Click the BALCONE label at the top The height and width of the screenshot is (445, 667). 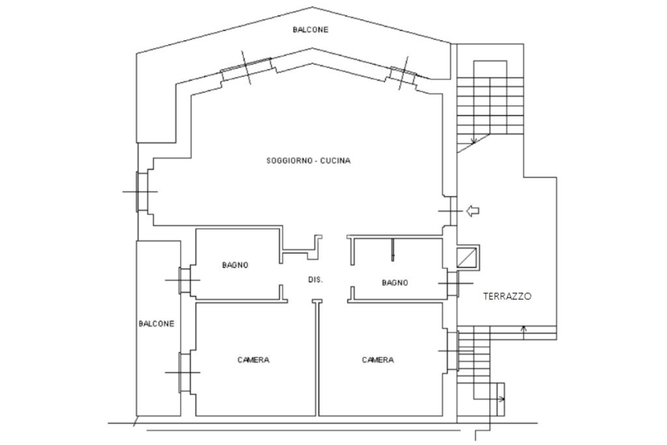(x=311, y=30)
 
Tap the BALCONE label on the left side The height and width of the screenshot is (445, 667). (x=156, y=324)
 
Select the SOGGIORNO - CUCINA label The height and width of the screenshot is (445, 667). (x=308, y=161)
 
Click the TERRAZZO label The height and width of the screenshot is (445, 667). (x=507, y=296)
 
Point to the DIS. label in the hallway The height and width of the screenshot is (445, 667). (x=316, y=280)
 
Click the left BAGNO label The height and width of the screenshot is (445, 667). (x=235, y=265)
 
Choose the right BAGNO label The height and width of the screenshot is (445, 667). (x=395, y=283)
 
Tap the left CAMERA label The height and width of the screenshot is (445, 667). (x=253, y=360)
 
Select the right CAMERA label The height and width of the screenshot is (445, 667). (x=378, y=360)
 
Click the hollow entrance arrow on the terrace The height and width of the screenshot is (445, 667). (x=473, y=210)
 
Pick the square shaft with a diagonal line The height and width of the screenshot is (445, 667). (x=468, y=257)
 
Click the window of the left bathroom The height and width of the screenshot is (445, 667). (x=184, y=280)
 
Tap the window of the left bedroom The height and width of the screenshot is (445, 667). (x=184, y=373)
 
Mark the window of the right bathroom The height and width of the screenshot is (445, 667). (x=453, y=283)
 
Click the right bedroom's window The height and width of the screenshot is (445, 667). (x=453, y=351)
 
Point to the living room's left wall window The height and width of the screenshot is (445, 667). (x=141, y=192)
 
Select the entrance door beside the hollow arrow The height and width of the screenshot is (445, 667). (x=451, y=210)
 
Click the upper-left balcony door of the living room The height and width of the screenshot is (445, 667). (x=246, y=68)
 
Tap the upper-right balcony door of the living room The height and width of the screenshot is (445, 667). (x=403, y=74)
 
